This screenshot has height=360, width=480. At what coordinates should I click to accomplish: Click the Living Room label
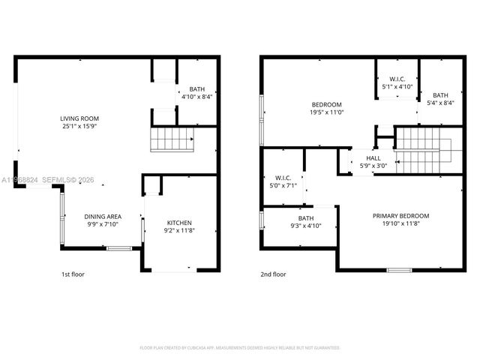point(79,118)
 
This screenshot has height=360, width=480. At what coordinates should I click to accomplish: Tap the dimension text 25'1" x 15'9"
point(79,126)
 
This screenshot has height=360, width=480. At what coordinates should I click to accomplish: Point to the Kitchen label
point(179,223)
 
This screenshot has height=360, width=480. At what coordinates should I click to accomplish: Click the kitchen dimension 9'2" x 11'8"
point(179,230)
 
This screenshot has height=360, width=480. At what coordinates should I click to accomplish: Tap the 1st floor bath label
point(196,89)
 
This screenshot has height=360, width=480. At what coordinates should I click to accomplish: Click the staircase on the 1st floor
point(172,139)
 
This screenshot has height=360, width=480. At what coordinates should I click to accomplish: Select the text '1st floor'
point(73,274)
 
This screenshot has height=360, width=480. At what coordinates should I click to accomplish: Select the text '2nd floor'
point(273,274)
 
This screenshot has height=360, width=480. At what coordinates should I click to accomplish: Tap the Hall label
point(373,158)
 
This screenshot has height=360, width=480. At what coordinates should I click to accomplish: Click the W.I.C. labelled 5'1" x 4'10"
point(397,79)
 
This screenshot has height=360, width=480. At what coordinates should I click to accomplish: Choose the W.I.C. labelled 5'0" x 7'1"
point(283,178)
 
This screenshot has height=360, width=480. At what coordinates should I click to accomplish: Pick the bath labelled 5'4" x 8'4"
point(440,95)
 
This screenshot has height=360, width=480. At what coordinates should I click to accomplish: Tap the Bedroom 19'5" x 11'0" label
point(327,104)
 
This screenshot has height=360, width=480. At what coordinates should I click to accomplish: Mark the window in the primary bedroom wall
point(399,269)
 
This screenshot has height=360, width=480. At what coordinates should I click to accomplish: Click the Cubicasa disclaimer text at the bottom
point(240,348)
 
